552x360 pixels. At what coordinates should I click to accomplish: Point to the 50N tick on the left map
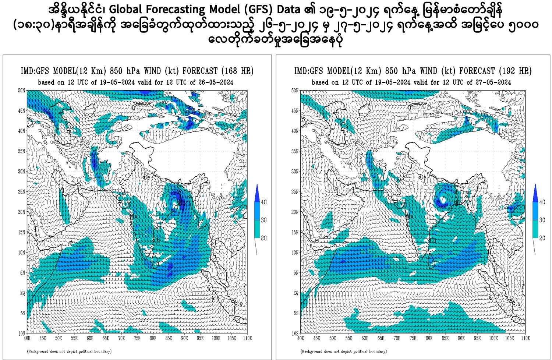click(x=22, y=90)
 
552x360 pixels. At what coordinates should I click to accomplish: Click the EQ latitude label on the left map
click(x=22, y=293)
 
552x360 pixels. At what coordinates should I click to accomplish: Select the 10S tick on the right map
click(x=295, y=333)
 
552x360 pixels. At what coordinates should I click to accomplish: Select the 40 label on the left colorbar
click(x=263, y=202)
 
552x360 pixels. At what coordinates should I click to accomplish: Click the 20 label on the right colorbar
click(x=542, y=238)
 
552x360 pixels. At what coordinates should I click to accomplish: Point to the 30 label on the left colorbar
click(x=263, y=220)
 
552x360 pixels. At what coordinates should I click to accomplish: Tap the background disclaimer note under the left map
click(x=69, y=352)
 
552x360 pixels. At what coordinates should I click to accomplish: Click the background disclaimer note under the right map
click(x=344, y=352)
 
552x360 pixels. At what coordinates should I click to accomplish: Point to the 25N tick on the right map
click(x=295, y=192)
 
